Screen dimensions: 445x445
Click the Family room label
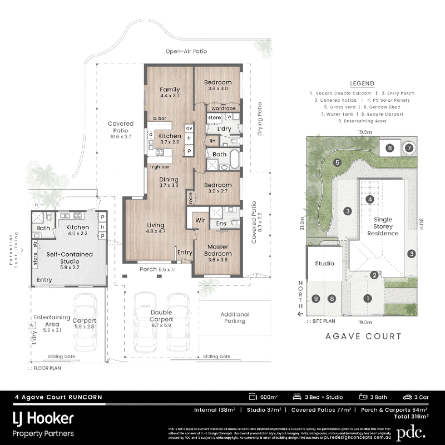[x=170, y=89]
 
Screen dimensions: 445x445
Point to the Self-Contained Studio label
[x=69, y=257]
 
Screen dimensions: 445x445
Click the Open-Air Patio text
[x=186, y=51]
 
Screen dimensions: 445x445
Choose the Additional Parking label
[x=235, y=317]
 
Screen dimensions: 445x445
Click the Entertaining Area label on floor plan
[x=51, y=320]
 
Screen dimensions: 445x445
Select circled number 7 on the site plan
[x=409, y=148]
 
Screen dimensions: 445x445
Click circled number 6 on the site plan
[x=390, y=148]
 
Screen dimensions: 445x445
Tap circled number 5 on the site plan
[x=337, y=162]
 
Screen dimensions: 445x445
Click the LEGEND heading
[x=362, y=83]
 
